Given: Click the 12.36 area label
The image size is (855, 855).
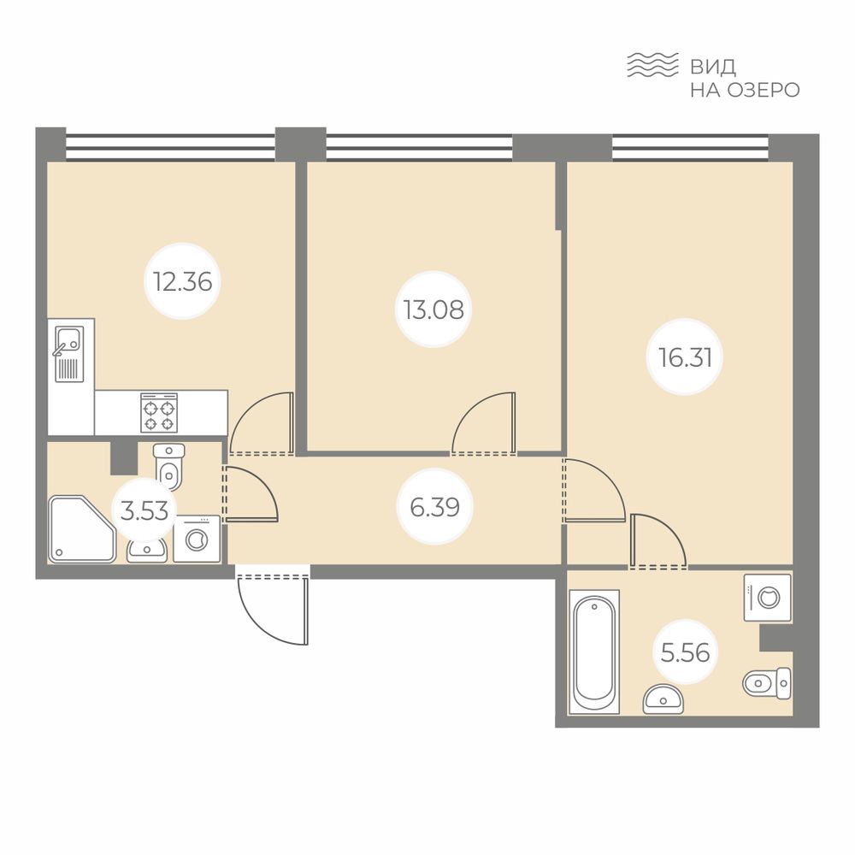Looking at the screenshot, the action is pos(183,282).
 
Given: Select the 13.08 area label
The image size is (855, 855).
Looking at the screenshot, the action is pos(434,310).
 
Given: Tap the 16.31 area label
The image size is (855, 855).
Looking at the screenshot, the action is pos(685,357).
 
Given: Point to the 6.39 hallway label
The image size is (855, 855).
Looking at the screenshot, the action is pos(434,507).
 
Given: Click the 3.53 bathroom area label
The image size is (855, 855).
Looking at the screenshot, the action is pos(144,511).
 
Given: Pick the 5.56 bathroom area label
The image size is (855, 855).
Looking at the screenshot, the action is pos(685,652).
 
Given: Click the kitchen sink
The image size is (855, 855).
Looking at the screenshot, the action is pos(68,354).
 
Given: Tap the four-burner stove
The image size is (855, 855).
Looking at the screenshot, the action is pos(159,413).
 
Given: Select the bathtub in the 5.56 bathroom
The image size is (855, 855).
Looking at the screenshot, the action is pos(594,652).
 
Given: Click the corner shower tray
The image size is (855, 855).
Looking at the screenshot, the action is pos(82,529).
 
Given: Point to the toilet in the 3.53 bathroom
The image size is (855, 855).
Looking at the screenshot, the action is pos(169,468).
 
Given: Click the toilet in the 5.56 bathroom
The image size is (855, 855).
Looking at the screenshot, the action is pos(767,682).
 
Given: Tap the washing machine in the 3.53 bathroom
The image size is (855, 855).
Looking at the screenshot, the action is pos(197,539).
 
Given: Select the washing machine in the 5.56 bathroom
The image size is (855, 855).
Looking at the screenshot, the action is pos(768,597).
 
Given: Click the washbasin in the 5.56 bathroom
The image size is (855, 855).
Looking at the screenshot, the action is pos(663,699).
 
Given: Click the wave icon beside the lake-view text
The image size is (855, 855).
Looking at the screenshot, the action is pos(652,65).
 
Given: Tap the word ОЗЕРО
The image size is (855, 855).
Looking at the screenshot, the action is pos(764,90).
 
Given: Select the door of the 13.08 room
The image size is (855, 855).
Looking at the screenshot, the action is pos(484,422).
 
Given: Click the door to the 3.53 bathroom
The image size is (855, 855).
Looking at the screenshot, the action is pos(251,494).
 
